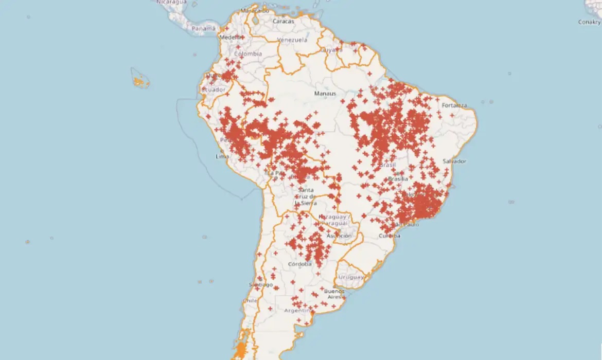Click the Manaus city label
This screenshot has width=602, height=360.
[325, 94]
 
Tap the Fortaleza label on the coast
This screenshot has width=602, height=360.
[454, 106]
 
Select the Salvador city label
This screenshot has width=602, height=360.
[454, 161]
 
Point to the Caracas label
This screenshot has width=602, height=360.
[284, 22]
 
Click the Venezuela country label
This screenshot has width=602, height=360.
[292, 40]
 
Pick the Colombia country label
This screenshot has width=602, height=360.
[248, 54]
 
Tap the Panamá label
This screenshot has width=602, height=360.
[203, 29]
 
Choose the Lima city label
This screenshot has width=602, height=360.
[222, 156]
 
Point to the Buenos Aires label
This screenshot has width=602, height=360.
[333, 294]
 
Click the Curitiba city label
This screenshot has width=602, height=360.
[389, 236]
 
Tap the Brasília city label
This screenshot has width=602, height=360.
[398, 179]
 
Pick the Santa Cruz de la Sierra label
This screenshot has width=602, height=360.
[306, 196]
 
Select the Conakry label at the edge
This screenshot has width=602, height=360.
[590, 22]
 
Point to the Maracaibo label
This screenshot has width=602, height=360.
[255, 10]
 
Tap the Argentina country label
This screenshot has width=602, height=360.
[298, 311]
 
